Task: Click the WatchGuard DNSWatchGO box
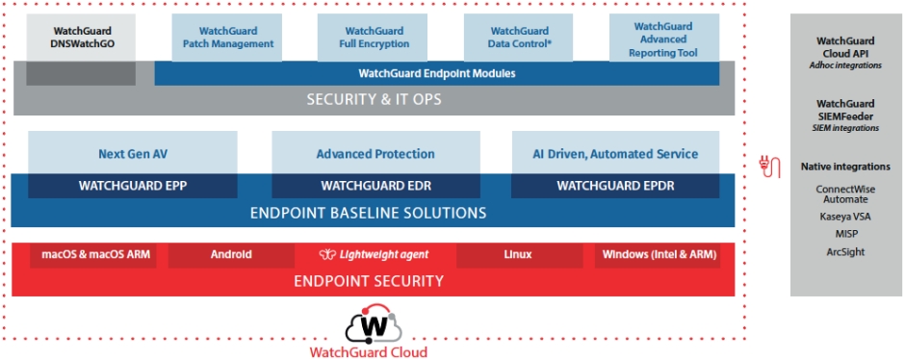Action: click(x=81, y=38)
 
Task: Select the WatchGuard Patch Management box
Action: click(x=228, y=38)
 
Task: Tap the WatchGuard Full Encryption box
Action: click(x=375, y=38)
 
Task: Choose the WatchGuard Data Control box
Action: click(x=521, y=38)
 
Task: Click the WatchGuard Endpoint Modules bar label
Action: click(x=437, y=73)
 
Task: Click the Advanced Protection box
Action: click(x=375, y=153)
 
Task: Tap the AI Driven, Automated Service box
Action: click(x=615, y=153)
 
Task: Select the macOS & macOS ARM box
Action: click(x=93, y=255)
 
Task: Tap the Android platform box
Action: click(x=231, y=255)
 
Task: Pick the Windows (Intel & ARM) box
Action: click(x=658, y=255)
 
